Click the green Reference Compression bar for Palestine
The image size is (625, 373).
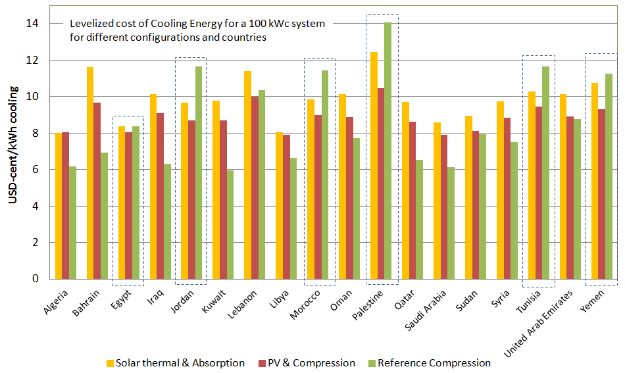[387, 151]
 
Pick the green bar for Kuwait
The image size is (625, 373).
[230, 224]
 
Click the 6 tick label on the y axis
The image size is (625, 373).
[35, 170]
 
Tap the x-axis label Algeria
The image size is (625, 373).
[56, 303]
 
